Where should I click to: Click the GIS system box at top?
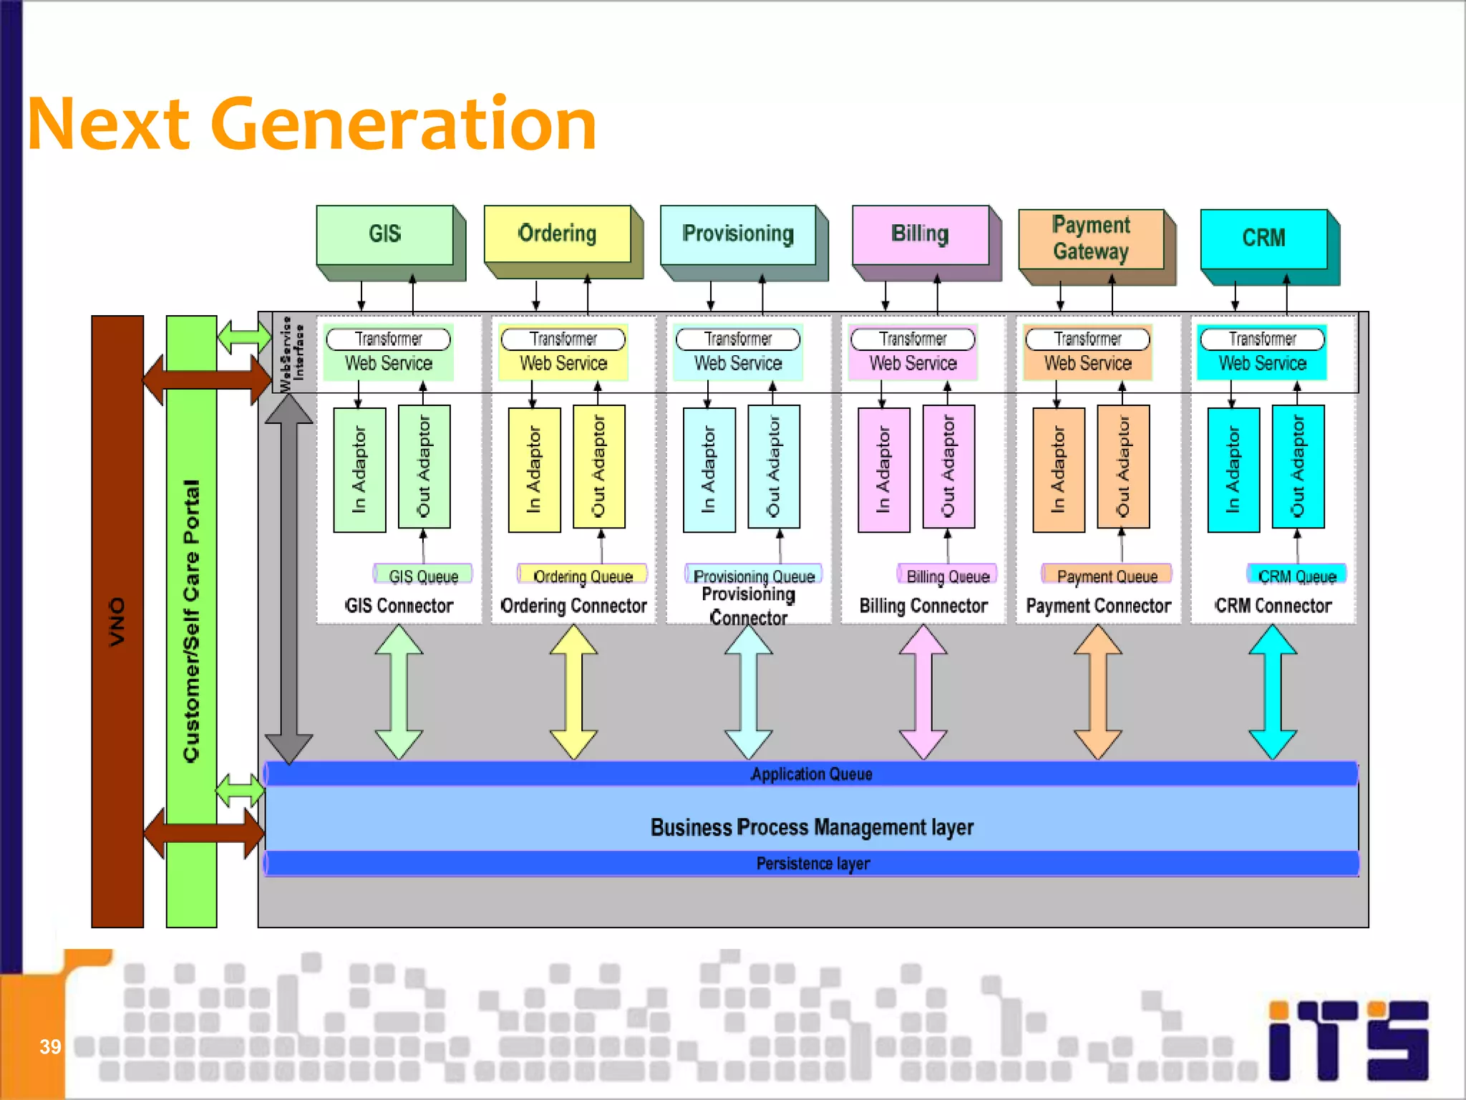click(x=385, y=235)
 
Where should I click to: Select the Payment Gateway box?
click(x=1091, y=238)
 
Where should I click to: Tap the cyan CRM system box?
click(x=1263, y=238)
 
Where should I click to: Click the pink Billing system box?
click(x=920, y=235)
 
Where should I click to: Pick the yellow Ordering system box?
click(x=557, y=234)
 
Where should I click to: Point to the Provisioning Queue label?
click(x=754, y=576)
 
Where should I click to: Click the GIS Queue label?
click(x=423, y=576)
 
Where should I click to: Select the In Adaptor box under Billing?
click(x=884, y=470)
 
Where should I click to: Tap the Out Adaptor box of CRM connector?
click(x=1298, y=467)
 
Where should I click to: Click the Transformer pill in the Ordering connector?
click(x=563, y=339)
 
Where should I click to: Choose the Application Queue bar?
click(x=811, y=774)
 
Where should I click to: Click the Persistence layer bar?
click(x=812, y=864)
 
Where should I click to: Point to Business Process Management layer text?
click(x=812, y=827)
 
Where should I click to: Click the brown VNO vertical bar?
click(x=117, y=622)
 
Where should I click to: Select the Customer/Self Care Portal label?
click(x=191, y=622)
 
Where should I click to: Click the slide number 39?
click(x=50, y=1047)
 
